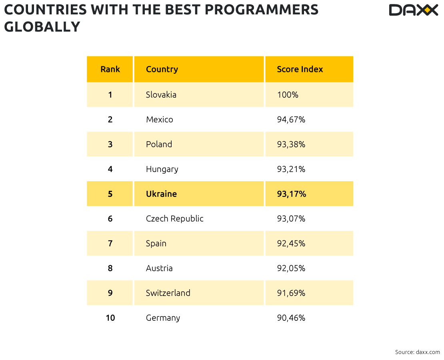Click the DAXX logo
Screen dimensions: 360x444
click(x=413, y=10)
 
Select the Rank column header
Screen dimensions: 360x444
click(x=110, y=69)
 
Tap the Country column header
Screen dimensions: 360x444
click(x=162, y=69)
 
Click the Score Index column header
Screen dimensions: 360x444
click(x=300, y=69)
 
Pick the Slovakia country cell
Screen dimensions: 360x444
click(x=161, y=95)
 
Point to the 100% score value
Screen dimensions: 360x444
click(x=288, y=95)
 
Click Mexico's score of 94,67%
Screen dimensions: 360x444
click(x=291, y=120)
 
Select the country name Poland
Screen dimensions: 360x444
click(x=159, y=144)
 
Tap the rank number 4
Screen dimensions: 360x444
click(x=110, y=169)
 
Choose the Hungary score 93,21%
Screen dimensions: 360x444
click(x=291, y=169)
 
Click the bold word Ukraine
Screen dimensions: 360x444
click(x=161, y=194)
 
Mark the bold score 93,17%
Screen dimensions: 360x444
click(x=291, y=194)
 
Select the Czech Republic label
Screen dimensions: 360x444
click(x=174, y=219)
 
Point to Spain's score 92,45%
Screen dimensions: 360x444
click(x=291, y=244)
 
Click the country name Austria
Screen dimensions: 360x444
click(x=159, y=268)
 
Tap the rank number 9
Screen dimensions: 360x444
click(x=110, y=293)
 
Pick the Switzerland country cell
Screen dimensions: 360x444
click(x=168, y=293)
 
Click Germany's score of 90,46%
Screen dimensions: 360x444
click(x=291, y=318)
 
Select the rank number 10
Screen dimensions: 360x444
click(x=110, y=318)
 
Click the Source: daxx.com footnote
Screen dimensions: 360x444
click(x=417, y=352)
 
